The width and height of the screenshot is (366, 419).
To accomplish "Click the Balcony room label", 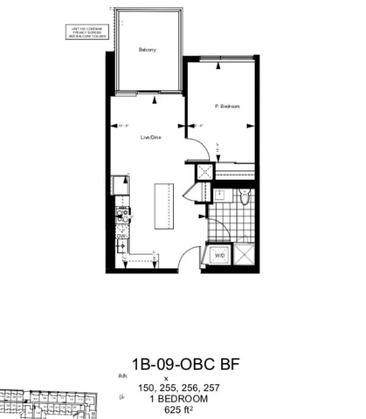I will [x=147, y=50].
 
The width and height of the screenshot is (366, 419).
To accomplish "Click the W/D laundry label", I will [x=219, y=256].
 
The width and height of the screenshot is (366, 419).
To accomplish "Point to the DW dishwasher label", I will [x=121, y=234].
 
